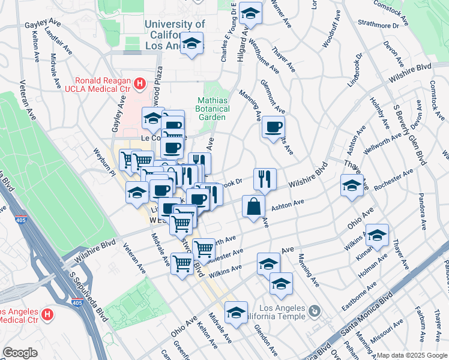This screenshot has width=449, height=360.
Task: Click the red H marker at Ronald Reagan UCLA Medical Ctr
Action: tap(140, 84)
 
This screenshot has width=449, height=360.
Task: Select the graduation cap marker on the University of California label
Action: tap(192, 44)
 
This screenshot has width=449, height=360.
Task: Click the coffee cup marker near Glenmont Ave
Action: tap(273, 127)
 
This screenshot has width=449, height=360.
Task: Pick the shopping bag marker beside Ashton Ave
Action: tap(254, 206)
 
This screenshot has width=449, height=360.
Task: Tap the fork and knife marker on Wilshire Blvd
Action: tap(265, 178)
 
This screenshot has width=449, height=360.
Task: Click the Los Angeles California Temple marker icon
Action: tap(315, 311)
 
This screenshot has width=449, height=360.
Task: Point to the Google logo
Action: tap(20, 353)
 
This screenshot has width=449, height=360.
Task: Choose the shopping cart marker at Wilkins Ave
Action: tap(182, 262)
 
